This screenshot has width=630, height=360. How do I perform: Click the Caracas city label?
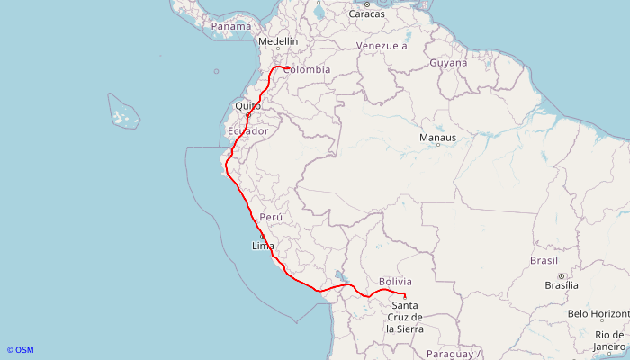click(367, 14)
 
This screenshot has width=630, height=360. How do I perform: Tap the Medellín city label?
click(277, 41)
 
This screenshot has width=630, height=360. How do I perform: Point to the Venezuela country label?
click(382, 46)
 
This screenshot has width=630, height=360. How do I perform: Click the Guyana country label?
click(448, 63)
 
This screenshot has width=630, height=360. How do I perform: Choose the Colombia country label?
click(307, 69)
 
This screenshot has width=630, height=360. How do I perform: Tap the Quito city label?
click(247, 106)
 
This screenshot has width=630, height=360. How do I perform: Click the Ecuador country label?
click(248, 131)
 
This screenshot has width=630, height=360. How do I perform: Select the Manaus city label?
click(437, 138)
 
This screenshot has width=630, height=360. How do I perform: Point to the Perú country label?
click(271, 218)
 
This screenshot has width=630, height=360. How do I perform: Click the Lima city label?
click(263, 246)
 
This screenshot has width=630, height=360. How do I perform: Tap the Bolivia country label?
click(395, 282)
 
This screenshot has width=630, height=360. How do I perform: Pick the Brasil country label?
click(544, 260)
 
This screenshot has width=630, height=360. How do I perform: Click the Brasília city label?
click(562, 285)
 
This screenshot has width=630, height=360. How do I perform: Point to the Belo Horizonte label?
click(598, 314)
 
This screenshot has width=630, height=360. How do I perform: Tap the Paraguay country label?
click(448, 354)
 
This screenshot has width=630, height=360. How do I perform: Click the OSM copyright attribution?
click(20, 350)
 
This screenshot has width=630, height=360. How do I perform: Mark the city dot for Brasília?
click(562, 275)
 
